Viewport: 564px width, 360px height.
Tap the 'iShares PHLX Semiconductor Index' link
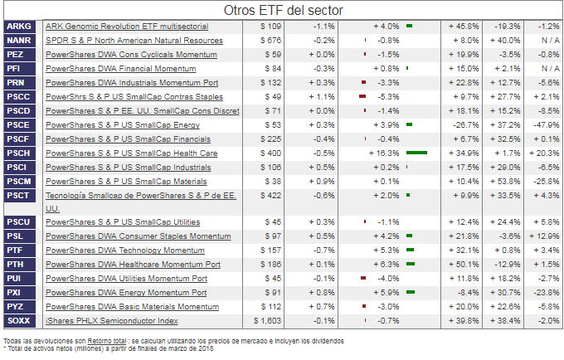pyautogui.click(x=112, y=321)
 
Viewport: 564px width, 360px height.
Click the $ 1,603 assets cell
pyautogui.click(x=266, y=321)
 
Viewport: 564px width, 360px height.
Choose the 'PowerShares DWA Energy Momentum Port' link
pyautogui.click(x=126, y=293)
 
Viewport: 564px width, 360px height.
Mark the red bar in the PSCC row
pyautogui.click(x=362, y=97)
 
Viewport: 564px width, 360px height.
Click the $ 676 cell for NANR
pyautogui.click(x=270, y=41)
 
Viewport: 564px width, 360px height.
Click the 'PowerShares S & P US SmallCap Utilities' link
pyautogui.click(x=123, y=222)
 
